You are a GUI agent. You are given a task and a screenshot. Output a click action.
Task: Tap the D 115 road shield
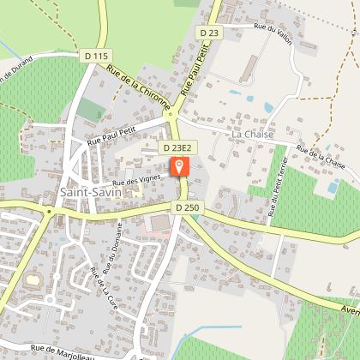(x=99, y=56)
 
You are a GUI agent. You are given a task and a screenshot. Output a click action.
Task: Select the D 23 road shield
(x=209, y=33)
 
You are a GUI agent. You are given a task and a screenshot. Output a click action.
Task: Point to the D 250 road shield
(x=186, y=207)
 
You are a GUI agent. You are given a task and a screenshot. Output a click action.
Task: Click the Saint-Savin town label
(x=91, y=192)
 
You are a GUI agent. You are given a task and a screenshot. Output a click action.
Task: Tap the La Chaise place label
(x=249, y=135)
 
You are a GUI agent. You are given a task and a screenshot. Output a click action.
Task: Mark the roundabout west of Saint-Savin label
(x=50, y=211)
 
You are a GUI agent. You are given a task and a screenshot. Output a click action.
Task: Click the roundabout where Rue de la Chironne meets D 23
(x=171, y=112)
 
